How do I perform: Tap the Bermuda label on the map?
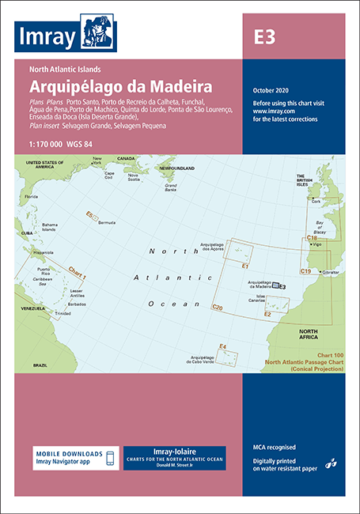pyautogui.click(x=107, y=224)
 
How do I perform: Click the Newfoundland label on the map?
pyautogui.click(x=178, y=168)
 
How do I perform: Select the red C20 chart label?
pyautogui.click(x=218, y=306)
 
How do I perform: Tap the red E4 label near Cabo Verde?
pyautogui.click(x=223, y=346)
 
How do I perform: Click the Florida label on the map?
pyautogui.click(x=31, y=196)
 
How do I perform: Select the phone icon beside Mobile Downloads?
pyautogui.click(x=109, y=458)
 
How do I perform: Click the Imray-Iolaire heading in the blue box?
pyautogui.click(x=174, y=451)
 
